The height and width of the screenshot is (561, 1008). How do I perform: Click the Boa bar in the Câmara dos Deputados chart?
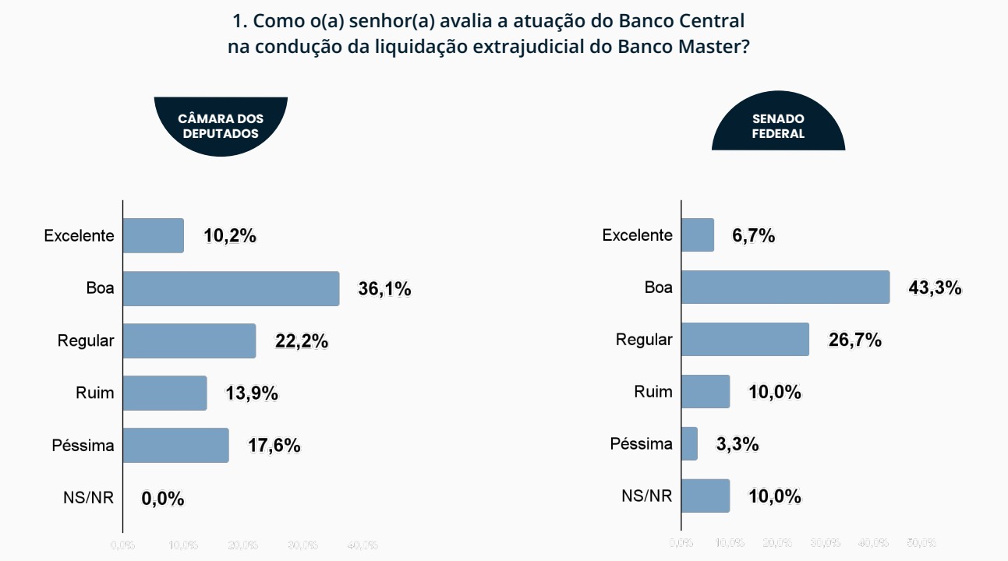tap(231, 288)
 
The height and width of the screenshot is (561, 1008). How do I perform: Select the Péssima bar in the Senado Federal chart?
tap(689, 443)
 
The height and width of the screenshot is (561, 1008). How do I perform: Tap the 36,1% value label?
tap(384, 289)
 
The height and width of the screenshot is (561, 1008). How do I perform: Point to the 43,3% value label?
tap(935, 288)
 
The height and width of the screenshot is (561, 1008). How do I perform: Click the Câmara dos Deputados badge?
tap(221, 125)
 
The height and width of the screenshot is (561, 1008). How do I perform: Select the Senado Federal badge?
tap(778, 125)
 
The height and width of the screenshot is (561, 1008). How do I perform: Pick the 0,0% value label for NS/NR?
tap(163, 499)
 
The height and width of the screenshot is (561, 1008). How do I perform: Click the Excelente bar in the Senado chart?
tap(697, 235)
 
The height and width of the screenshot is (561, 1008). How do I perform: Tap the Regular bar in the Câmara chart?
tap(189, 340)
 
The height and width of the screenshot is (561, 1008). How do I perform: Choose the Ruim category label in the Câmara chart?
tap(94, 393)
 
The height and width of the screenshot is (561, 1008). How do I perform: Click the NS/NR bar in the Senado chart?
tap(706, 496)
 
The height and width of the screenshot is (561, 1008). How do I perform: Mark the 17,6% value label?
tap(274, 446)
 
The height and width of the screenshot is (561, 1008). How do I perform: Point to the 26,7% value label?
tap(854, 340)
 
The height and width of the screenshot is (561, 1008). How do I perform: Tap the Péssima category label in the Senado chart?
tap(641, 444)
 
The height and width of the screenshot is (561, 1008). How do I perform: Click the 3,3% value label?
tap(737, 444)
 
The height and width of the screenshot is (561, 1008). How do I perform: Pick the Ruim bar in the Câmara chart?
tap(164, 393)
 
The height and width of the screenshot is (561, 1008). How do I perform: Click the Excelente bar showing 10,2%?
tap(154, 235)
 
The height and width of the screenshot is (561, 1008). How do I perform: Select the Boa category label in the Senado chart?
tap(658, 288)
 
